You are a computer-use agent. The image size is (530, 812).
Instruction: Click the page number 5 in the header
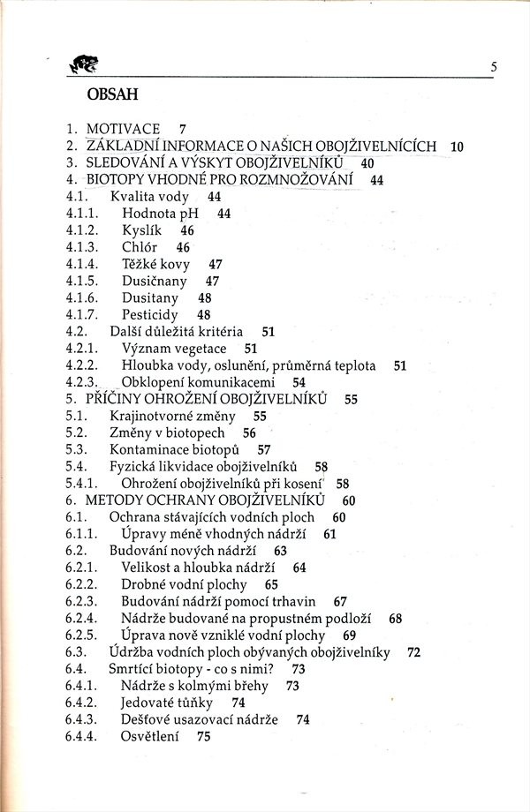click(494, 67)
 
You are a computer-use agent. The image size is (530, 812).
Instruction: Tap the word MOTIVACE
click(123, 130)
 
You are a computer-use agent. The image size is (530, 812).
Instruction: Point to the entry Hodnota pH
click(160, 214)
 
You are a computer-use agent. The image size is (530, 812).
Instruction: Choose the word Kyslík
click(141, 230)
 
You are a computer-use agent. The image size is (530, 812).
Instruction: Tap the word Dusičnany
click(155, 281)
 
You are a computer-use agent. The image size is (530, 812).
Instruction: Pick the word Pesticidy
click(150, 314)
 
